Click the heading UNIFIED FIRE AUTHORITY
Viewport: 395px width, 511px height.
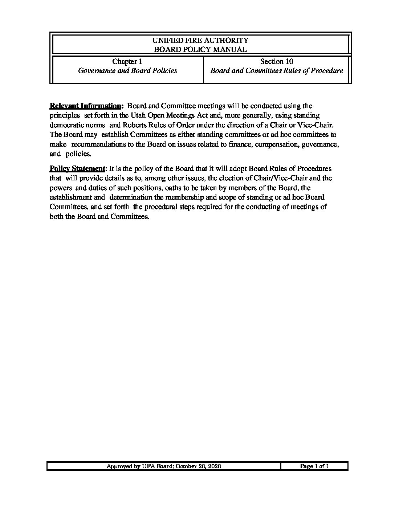click(200, 40)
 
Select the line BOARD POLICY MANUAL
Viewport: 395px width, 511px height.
click(200, 49)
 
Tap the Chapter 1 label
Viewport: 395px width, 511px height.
click(127, 61)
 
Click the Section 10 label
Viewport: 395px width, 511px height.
click(277, 61)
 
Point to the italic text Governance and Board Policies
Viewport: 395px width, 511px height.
click(127, 71)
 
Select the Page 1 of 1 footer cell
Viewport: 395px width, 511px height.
click(314, 466)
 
